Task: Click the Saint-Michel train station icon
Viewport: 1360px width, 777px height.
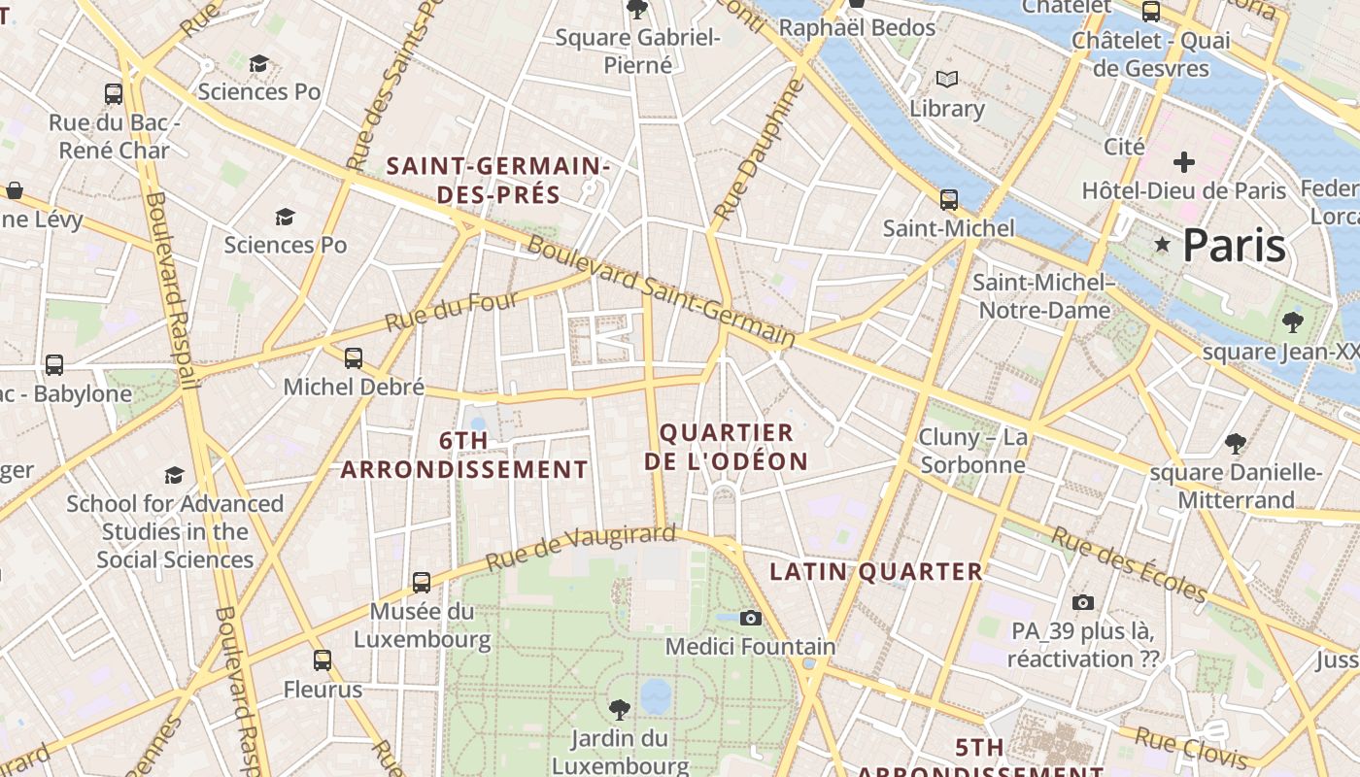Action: [x=949, y=200]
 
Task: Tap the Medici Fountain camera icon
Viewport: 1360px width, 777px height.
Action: [x=750, y=618]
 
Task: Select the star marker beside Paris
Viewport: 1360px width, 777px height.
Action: [x=1162, y=244]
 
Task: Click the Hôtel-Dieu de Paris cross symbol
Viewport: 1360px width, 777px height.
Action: [x=1183, y=162]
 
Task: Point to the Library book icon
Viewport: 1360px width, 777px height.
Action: [x=947, y=80]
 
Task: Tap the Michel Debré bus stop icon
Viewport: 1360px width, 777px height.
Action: [x=354, y=358]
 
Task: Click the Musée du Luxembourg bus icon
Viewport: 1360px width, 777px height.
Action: [x=422, y=583]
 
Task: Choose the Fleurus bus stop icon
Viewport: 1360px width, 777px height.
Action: [x=323, y=660]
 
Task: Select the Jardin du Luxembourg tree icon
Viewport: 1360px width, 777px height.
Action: [x=619, y=709]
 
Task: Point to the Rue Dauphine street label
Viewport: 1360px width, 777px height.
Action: [x=759, y=149]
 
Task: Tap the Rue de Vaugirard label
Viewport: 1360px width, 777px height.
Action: [x=580, y=548]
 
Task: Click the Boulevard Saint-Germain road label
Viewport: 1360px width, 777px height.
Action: [x=661, y=291]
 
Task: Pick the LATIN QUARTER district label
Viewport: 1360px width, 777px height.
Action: [x=876, y=572]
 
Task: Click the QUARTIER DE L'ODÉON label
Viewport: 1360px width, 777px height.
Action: [x=727, y=447]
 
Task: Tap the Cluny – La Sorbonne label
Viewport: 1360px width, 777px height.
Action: [x=972, y=451]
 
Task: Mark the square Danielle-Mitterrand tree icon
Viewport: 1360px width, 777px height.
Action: [x=1236, y=444]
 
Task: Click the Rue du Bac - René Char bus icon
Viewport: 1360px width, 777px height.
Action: [x=114, y=94]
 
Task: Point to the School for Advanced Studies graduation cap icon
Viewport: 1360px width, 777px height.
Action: [x=174, y=475]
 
